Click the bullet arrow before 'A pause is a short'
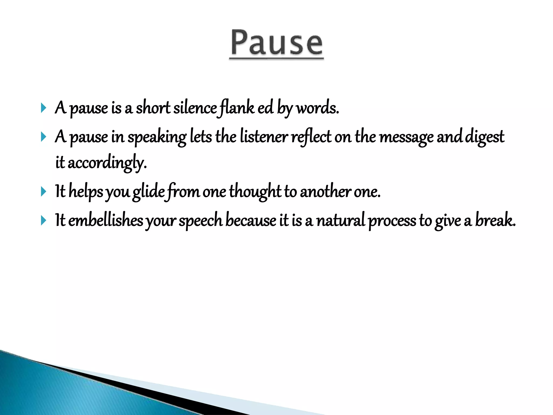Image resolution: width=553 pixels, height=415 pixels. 43,108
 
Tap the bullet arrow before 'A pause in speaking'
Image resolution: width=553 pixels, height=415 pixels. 43,137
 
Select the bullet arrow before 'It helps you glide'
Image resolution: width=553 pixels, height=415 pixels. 43,192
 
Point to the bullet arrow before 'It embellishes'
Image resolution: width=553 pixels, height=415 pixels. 43,220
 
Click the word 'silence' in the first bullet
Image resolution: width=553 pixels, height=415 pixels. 195,108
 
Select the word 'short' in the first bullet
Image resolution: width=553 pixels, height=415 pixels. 153,108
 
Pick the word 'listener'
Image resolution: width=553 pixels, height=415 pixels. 264,137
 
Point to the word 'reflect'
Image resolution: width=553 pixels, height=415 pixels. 311,137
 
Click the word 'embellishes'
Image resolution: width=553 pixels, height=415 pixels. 106,220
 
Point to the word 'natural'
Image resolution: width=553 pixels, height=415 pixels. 341,220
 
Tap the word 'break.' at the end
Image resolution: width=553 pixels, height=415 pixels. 495,220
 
